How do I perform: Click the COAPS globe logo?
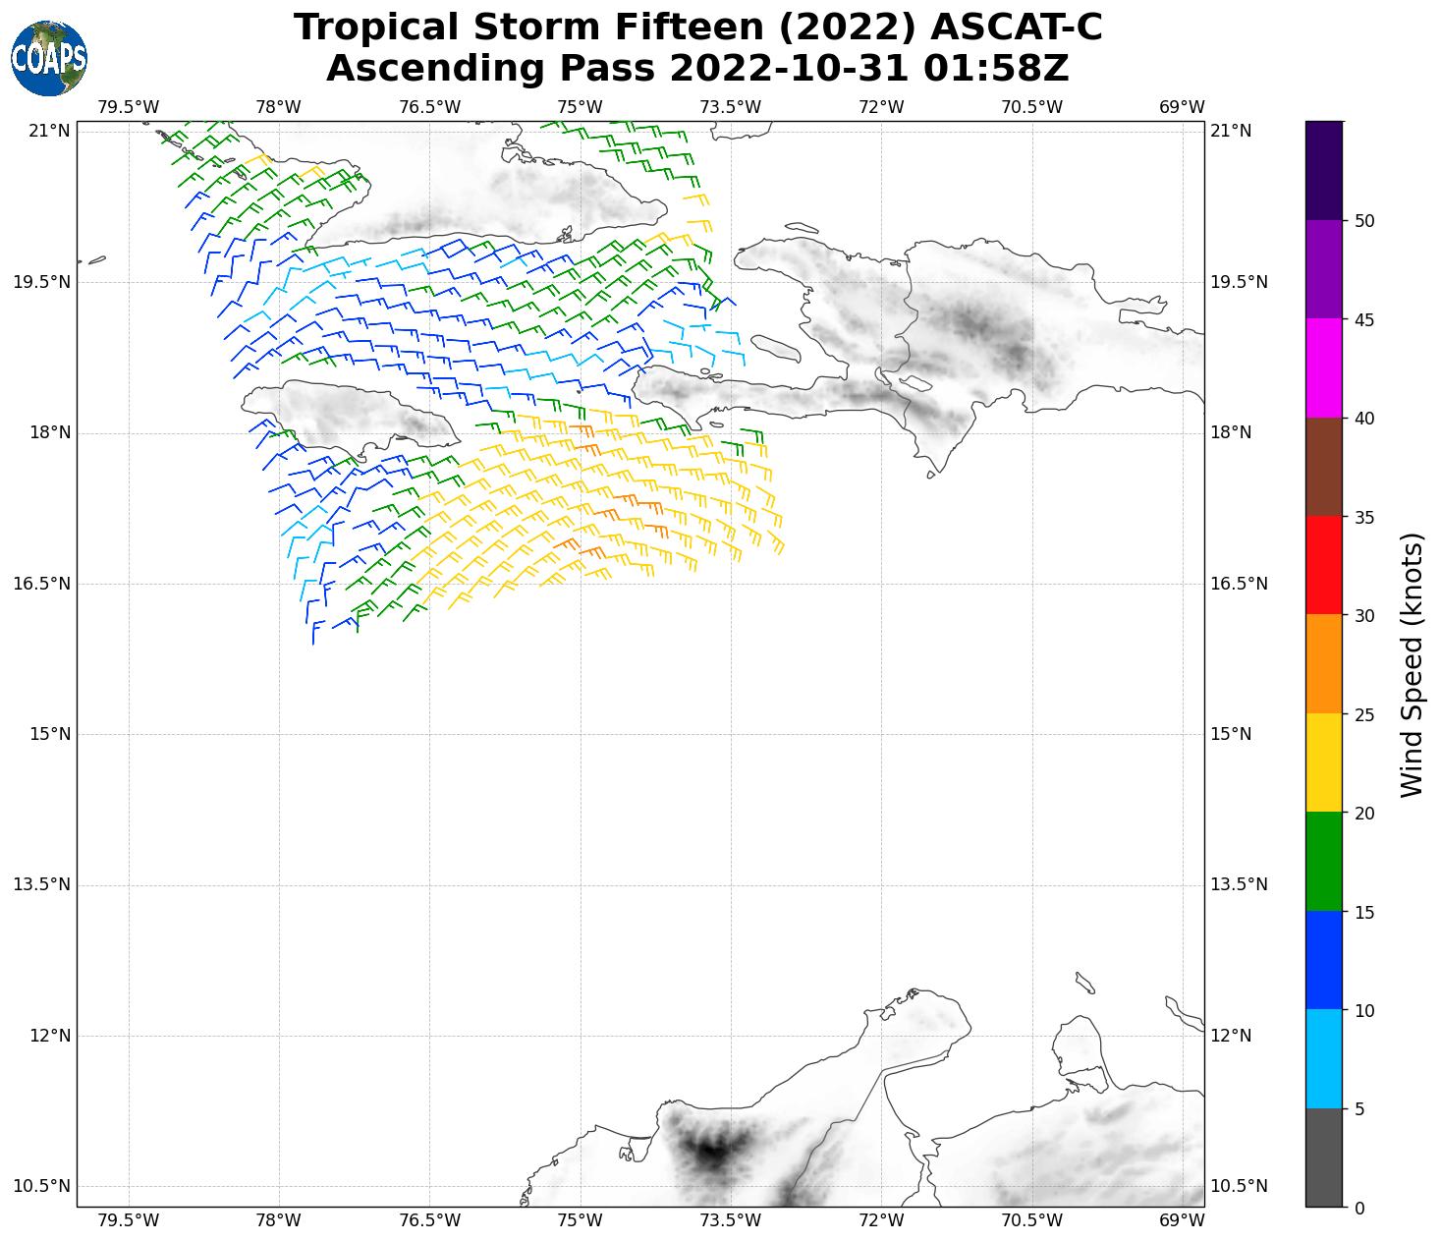point(49,59)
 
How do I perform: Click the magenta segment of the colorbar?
point(1324,368)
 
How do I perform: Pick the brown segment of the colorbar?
point(1324,467)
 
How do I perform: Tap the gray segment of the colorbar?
point(1324,1157)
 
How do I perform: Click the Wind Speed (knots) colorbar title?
point(1412,665)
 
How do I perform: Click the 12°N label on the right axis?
point(1230,1036)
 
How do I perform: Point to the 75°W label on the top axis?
point(580,107)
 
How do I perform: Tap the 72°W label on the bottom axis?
point(881,1221)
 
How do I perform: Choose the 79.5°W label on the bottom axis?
point(129,1221)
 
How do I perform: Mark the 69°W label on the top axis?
point(1182,107)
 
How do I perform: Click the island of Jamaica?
point(354,413)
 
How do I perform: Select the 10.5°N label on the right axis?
point(1238,1186)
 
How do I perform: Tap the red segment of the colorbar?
point(1324,565)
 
